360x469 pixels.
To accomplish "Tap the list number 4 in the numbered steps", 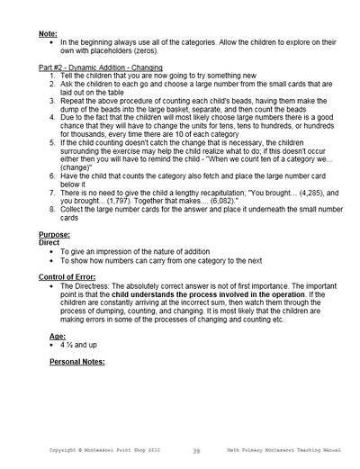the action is pyautogui.click(x=52, y=118).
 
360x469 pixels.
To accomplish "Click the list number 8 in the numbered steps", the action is pyautogui.click(x=52, y=209).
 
